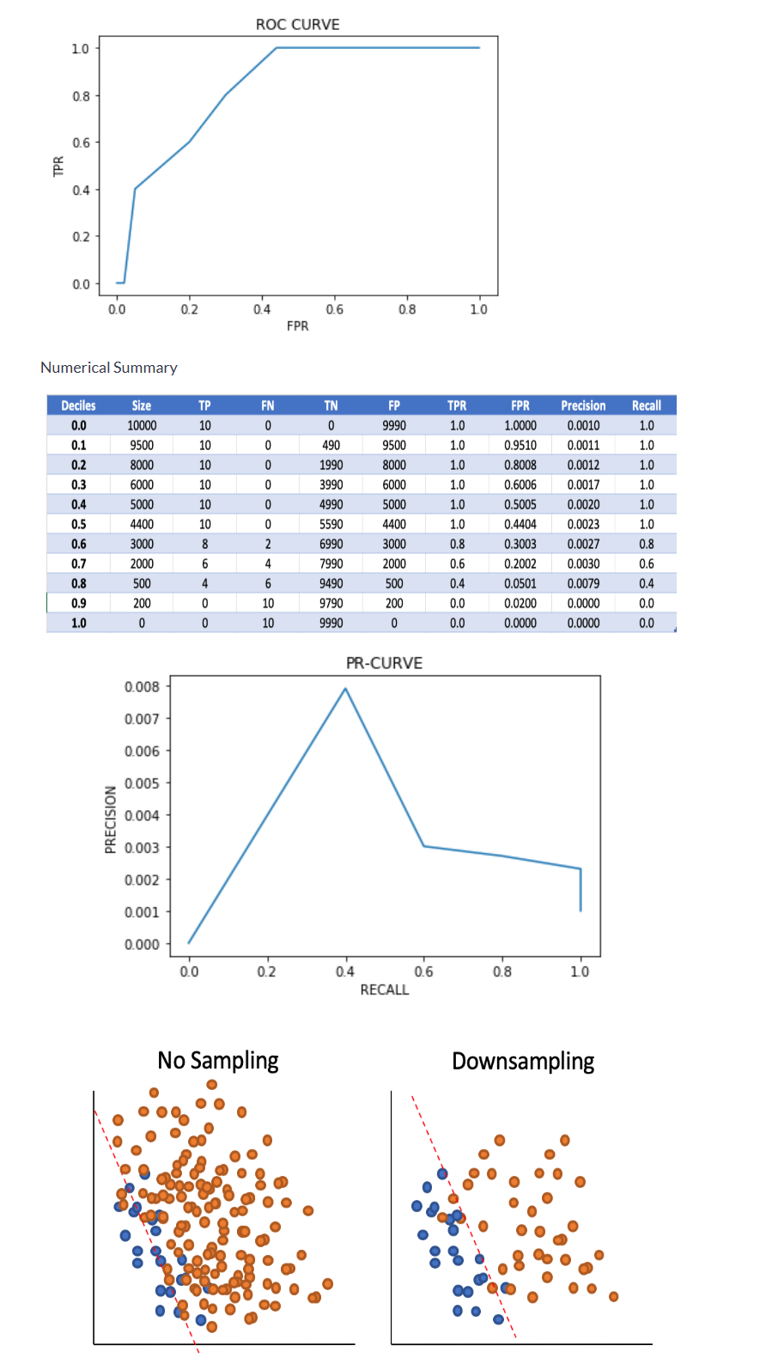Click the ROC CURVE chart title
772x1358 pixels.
(297, 24)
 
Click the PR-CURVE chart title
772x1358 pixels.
(384, 663)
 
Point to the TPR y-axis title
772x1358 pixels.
(58, 166)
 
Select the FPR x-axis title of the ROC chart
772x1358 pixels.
(297, 326)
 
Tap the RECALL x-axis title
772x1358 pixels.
(384, 990)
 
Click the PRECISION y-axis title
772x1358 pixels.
(110, 819)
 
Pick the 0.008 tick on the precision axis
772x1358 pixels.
(142, 686)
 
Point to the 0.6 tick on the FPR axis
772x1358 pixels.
(334, 309)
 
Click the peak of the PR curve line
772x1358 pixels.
(345, 689)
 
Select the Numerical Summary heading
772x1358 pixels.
(109, 368)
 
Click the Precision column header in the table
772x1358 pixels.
(583, 405)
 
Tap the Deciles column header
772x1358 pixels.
(78, 405)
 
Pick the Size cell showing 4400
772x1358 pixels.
(142, 524)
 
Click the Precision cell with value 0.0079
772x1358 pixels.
(583, 583)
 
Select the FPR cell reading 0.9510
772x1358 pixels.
(520, 445)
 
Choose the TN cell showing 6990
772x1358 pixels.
(331, 544)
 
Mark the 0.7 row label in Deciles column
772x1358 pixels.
(78, 563)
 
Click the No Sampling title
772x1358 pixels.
(218, 1061)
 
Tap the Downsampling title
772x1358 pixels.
(523, 1062)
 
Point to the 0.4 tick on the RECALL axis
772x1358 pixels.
(345, 971)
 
